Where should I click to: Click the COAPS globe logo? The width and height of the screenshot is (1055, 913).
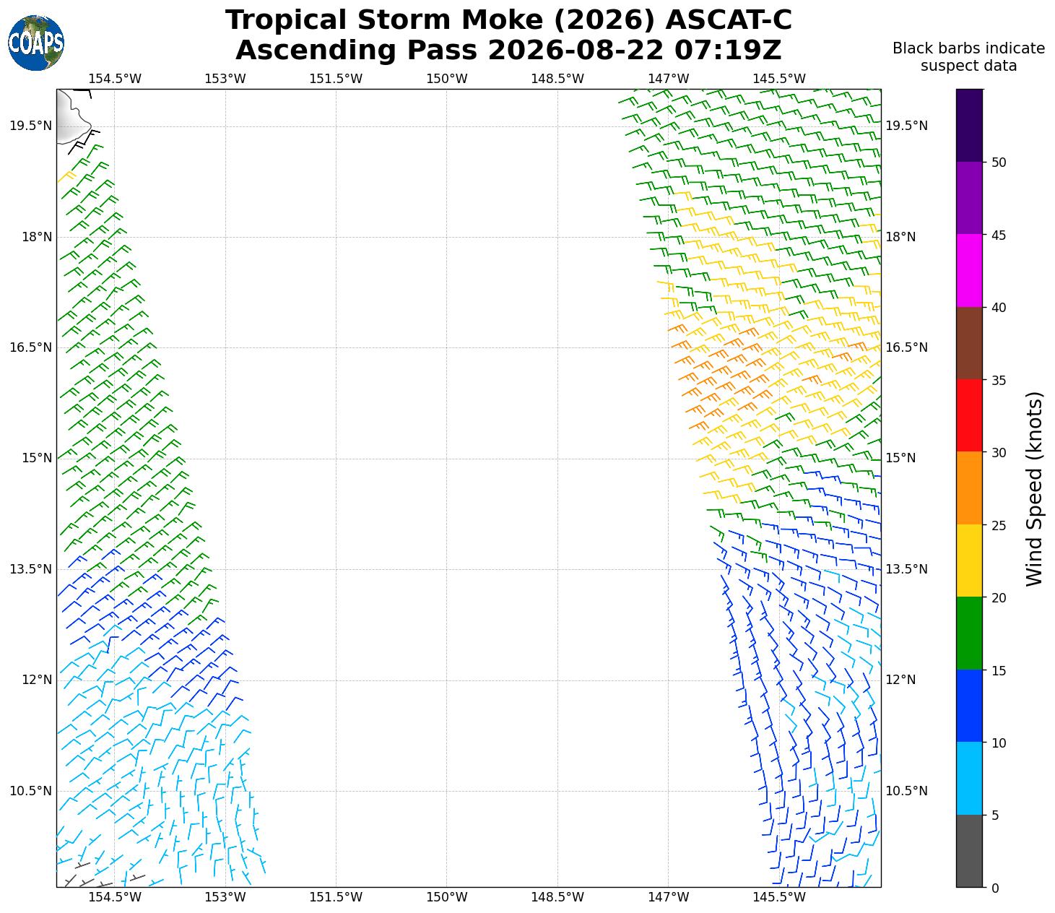tap(35, 43)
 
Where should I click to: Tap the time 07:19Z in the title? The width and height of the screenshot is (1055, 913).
tap(728, 50)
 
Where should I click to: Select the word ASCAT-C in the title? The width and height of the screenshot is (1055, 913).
tap(729, 20)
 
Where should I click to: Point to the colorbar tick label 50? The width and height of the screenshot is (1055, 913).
tap(999, 163)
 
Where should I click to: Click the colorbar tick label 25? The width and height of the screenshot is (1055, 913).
tap(999, 525)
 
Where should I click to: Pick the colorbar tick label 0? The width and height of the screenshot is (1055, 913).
tap(995, 888)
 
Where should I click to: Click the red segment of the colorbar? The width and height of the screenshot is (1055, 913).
tap(969, 415)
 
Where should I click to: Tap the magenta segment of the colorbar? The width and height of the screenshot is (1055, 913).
tap(969, 271)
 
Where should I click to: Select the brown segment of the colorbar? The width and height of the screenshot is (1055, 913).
tap(969, 343)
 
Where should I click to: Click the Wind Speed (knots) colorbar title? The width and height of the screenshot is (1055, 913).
tap(1033, 489)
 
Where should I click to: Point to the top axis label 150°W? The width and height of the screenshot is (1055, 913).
tap(446, 79)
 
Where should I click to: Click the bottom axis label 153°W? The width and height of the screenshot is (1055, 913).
tap(225, 897)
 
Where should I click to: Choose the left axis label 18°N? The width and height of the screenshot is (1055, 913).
tap(37, 237)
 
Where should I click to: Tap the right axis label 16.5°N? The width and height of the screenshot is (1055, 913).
tap(906, 347)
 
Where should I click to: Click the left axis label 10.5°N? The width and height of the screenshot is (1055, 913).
tap(31, 791)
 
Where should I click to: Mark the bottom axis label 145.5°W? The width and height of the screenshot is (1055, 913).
tap(779, 897)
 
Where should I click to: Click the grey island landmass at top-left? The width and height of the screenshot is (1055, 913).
tap(71, 116)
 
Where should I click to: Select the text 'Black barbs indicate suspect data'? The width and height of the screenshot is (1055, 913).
tap(968, 57)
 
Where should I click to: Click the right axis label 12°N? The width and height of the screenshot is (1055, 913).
tap(901, 680)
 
